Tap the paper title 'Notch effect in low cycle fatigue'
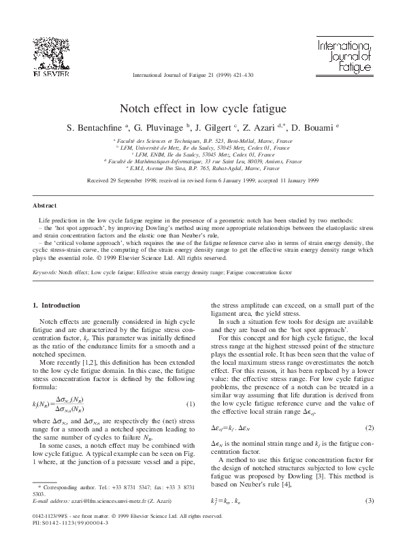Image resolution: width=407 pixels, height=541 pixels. tap(203, 108)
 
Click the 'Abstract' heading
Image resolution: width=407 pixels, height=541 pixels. tap(45, 204)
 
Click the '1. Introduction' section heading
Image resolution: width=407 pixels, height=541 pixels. tap(61, 305)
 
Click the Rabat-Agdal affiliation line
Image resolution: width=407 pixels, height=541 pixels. tap(203, 167)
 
